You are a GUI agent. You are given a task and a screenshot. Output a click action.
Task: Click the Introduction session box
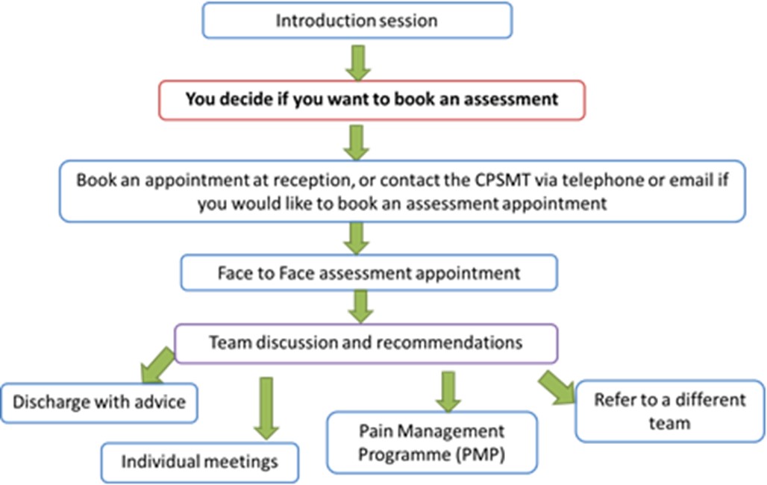tap(357, 21)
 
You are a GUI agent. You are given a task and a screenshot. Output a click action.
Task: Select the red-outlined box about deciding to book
tap(372, 100)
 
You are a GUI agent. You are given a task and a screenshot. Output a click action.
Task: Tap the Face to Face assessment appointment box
tap(369, 272)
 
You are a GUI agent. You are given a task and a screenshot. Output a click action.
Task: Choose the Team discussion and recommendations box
tap(366, 343)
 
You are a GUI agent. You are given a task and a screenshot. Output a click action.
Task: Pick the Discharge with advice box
tap(99, 403)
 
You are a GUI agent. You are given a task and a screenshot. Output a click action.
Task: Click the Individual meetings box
tap(199, 463)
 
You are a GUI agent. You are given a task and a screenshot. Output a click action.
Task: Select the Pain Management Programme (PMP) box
tap(432, 442)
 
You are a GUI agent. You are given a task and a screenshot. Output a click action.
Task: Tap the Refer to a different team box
tap(670, 411)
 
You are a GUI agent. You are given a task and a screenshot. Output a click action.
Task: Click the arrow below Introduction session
tap(358, 63)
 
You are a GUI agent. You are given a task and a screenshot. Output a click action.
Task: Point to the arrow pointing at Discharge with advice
tap(157, 366)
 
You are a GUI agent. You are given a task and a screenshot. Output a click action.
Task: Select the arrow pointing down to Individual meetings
tap(266, 408)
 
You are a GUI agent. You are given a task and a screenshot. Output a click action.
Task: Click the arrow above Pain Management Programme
tap(448, 392)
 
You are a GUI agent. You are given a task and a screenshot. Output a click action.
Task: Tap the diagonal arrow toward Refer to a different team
tap(557, 387)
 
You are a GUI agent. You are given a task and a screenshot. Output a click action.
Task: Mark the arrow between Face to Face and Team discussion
tap(361, 307)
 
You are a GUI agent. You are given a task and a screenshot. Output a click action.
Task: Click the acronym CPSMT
tap(502, 180)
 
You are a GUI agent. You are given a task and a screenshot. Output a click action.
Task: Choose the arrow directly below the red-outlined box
tap(356, 143)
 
